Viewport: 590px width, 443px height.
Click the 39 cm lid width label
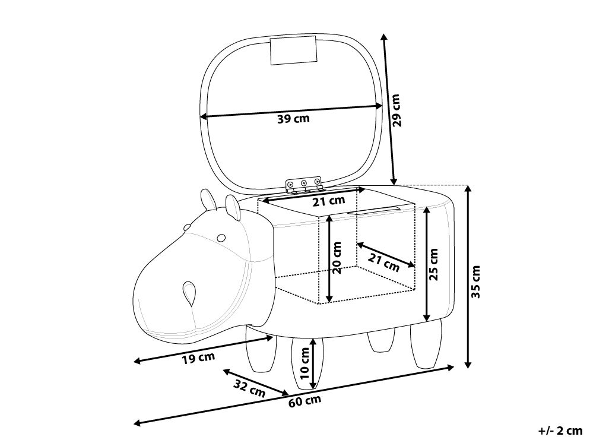pos(293,119)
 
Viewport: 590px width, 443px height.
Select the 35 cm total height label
pos(477,281)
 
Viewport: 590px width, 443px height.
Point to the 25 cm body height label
pos(434,264)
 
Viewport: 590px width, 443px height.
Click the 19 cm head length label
pos(198,358)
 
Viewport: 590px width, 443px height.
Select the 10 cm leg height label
pos(304,363)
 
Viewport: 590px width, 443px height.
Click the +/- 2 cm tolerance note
pos(560,431)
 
